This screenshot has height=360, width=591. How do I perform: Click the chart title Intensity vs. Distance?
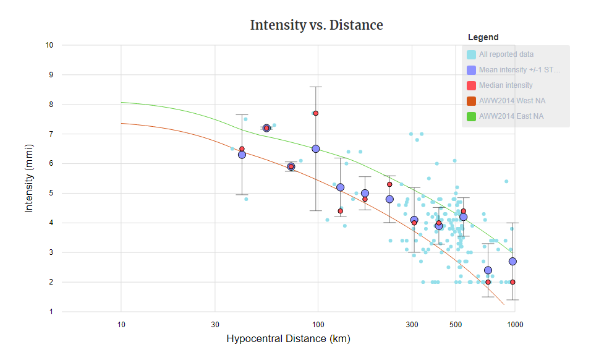point(316,25)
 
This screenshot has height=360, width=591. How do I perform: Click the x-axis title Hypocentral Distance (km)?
point(288,339)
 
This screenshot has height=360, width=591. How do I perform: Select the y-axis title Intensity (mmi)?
point(29,179)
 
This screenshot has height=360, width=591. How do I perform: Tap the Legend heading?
point(483,38)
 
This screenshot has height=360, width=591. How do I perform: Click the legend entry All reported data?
point(506,54)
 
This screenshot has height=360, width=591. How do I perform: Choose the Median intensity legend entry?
point(505,85)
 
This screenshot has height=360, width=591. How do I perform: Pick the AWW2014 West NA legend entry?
point(512,101)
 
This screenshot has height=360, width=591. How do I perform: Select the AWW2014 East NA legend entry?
point(511,116)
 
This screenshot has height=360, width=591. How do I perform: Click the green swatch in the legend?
point(471,116)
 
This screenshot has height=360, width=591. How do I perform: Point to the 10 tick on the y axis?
point(49,45)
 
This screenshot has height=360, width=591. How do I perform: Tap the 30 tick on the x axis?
point(215,324)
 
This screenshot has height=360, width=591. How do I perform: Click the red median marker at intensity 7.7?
point(315,113)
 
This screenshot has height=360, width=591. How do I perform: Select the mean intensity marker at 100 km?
point(315,148)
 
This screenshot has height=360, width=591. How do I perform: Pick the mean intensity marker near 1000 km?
point(512,261)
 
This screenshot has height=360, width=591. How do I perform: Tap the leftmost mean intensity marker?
point(242,155)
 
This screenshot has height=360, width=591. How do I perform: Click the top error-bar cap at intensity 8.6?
point(315,87)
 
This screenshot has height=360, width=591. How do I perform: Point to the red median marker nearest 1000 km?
point(512,282)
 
